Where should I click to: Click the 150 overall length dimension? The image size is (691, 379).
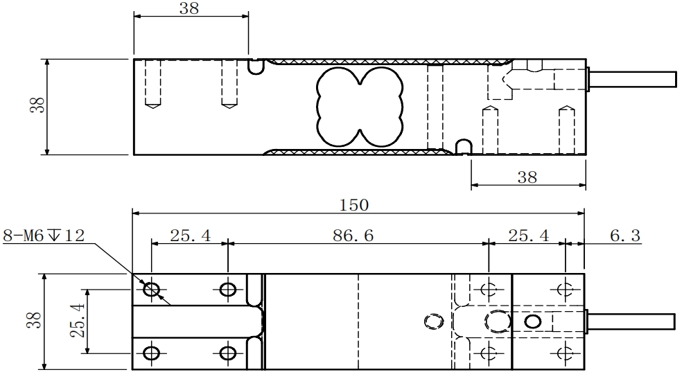(354, 205)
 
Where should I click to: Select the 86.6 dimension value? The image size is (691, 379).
(353, 236)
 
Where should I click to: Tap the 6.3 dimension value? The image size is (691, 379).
(625, 236)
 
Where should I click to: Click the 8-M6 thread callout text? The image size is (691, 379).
(44, 236)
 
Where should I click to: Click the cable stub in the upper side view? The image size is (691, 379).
(632, 79)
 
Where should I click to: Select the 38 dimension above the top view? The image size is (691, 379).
(189, 8)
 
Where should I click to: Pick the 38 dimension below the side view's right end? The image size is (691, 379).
(527, 177)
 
